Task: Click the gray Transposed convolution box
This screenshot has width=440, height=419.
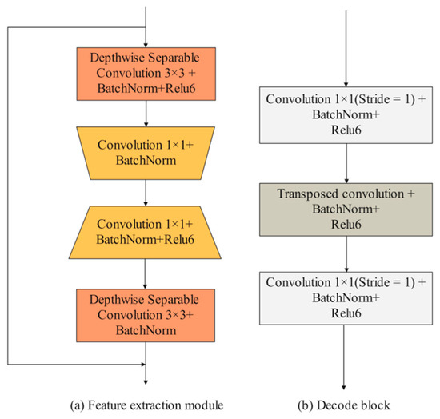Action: click(345, 207)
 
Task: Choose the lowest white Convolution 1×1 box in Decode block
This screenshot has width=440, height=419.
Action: click(345, 295)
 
